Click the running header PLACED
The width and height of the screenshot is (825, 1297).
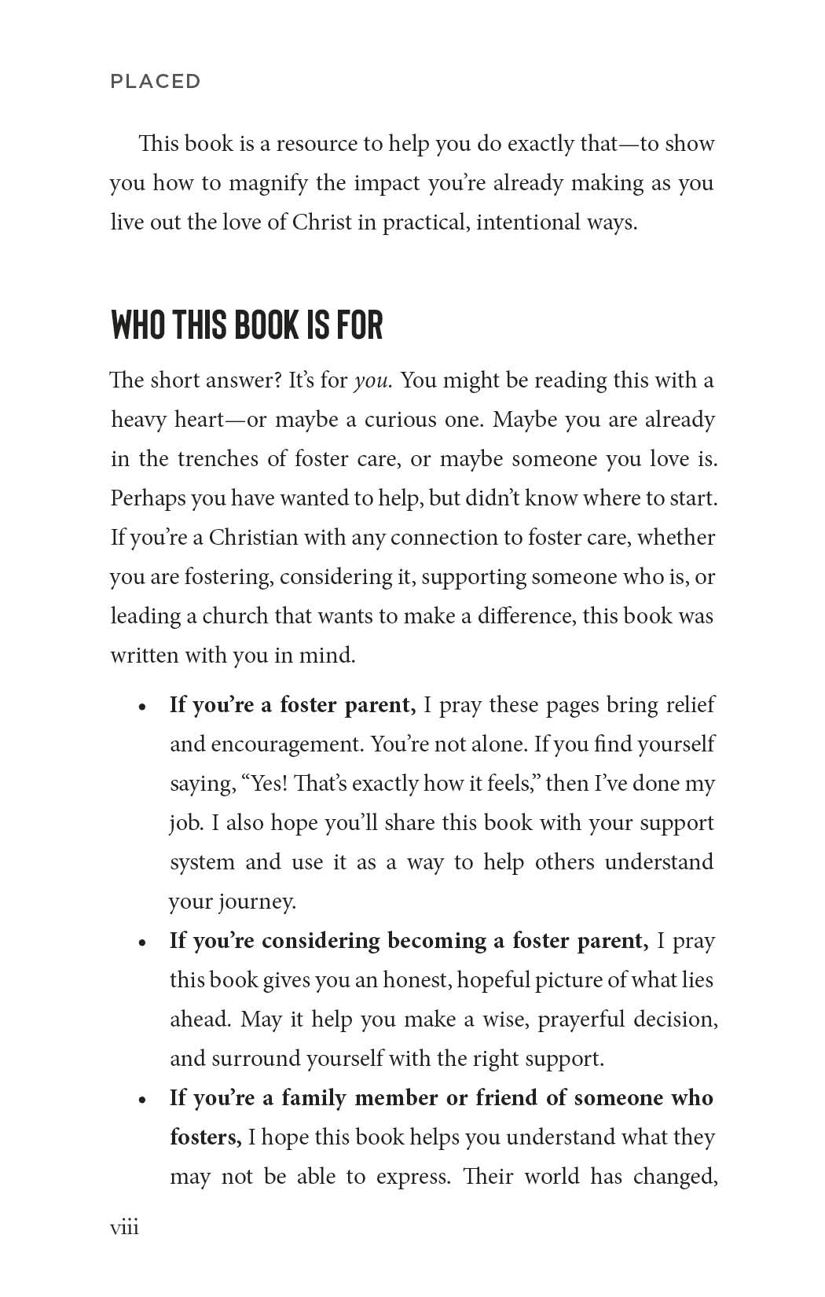pos(156,81)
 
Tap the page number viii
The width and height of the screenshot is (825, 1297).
pos(124,1227)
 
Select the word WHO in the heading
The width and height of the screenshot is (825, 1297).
pos(139,325)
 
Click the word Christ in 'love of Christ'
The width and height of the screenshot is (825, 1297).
pos(322,222)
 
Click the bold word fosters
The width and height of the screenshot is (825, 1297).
pos(205,1137)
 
